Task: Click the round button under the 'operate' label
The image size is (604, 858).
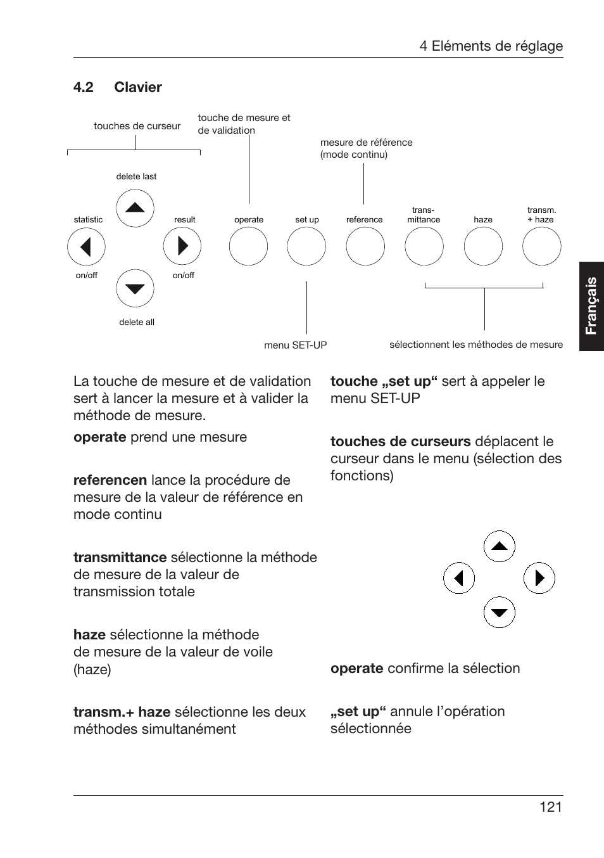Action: [x=248, y=247]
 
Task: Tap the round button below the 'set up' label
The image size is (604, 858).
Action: [x=306, y=247]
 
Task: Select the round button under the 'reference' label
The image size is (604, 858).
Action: [x=365, y=247]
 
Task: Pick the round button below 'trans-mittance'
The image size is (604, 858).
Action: [x=424, y=247]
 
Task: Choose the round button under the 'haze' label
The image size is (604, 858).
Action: [x=483, y=247]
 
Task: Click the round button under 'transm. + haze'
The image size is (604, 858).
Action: [x=542, y=247]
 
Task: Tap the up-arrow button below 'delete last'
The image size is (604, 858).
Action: [x=135, y=208]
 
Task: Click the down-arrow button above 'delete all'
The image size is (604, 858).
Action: [x=135, y=288]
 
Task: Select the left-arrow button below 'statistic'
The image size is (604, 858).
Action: [x=86, y=247]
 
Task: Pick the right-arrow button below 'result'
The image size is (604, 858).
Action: [x=182, y=247]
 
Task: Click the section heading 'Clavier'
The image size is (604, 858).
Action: [x=138, y=87]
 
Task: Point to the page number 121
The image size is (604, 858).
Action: [x=551, y=807]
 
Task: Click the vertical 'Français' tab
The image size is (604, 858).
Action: [x=591, y=305]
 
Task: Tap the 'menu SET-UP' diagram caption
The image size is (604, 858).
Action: [x=296, y=345]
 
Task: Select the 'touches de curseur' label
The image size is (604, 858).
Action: [x=137, y=126]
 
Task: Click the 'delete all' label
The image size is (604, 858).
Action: [x=137, y=322]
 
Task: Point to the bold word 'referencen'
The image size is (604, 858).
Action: [x=110, y=480]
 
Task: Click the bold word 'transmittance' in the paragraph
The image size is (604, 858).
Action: [x=120, y=558]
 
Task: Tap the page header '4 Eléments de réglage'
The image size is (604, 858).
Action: [x=491, y=46]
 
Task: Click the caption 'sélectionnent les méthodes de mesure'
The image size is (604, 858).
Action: [x=476, y=345]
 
